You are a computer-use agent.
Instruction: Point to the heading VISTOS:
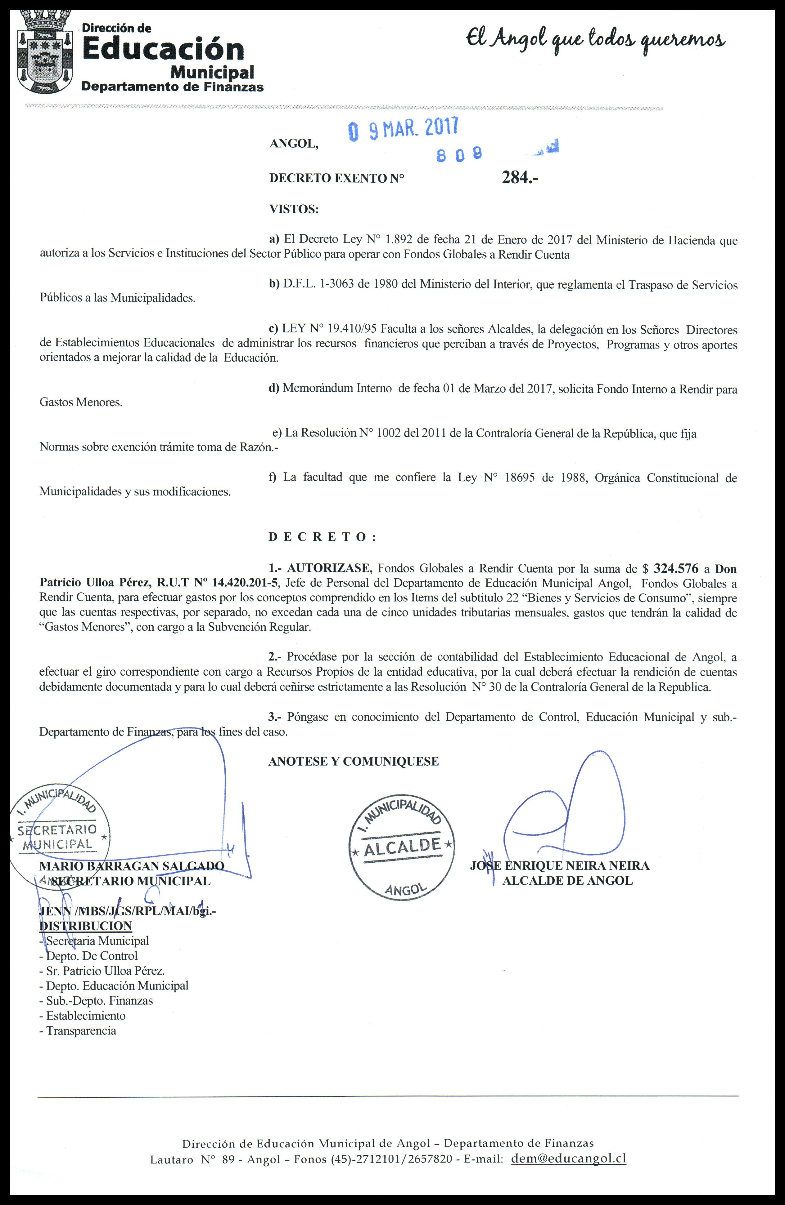click(x=294, y=209)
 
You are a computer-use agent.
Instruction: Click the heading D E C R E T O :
click(x=322, y=537)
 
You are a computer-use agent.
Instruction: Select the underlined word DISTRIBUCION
click(x=86, y=926)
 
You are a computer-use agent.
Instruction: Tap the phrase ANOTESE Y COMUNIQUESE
click(x=353, y=762)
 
